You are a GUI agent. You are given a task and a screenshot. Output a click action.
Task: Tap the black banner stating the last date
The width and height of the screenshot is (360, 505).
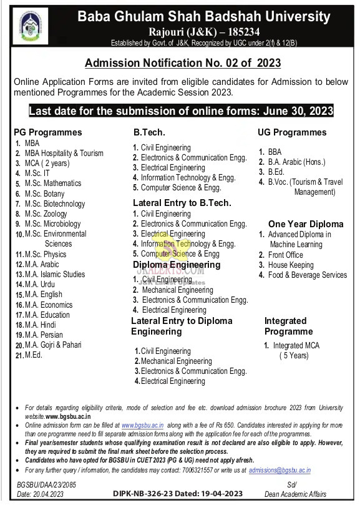click(x=181, y=111)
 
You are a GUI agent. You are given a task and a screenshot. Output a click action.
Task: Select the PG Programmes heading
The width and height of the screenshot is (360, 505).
click(x=48, y=132)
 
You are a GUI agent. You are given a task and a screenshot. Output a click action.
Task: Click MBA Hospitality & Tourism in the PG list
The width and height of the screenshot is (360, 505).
click(x=64, y=153)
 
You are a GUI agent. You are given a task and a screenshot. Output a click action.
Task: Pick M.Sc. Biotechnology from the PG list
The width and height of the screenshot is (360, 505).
click(x=55, y=203)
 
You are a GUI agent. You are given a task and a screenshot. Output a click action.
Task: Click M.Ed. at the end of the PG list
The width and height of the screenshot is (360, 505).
click(x=34, y=355)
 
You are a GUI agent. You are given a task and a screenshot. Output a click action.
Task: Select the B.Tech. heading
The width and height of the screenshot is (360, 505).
click(x=148, y=132)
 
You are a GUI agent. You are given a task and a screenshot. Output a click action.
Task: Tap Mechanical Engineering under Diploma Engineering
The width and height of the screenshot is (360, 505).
click(x=177, y=290)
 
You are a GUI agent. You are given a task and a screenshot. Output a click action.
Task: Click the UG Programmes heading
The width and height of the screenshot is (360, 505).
click(x=292, y=132)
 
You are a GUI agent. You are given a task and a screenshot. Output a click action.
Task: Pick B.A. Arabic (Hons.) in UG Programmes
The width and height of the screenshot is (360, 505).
click(x=296, y=162)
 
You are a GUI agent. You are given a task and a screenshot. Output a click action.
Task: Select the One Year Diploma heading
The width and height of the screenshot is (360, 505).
click(x=306, y=223)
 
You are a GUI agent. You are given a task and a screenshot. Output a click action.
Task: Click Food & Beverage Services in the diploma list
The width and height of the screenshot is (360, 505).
click(x=307, y=275)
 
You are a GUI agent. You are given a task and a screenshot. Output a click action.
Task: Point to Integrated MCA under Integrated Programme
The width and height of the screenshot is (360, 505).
click(x=295, y=345)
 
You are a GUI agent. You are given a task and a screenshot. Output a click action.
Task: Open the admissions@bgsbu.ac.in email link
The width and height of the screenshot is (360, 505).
click(x=280, y=470)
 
